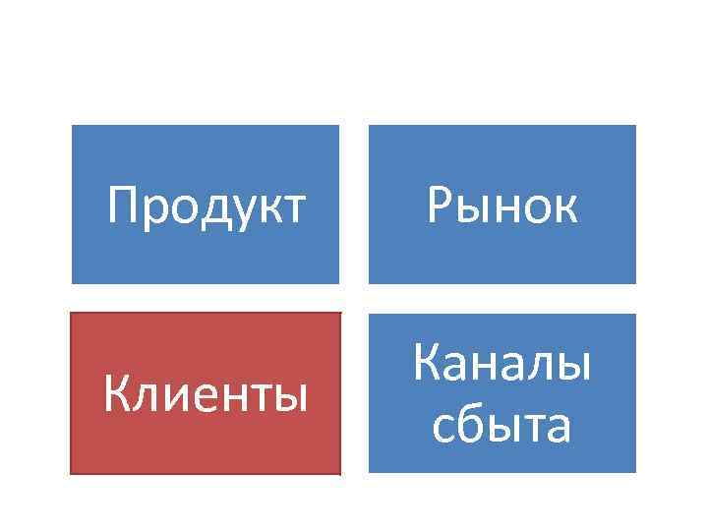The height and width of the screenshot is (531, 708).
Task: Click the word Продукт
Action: pyautogui.click(x=206, y=206)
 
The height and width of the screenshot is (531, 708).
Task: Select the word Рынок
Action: pyautogui.click(x=501, y=206)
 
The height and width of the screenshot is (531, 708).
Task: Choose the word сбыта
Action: pyautogui.click(x=501, y=426)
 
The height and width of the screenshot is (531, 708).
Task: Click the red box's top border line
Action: pyautogui.click(x=206, y=314)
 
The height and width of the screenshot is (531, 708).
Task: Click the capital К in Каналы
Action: pyautogui.click(x=428, y=365)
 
